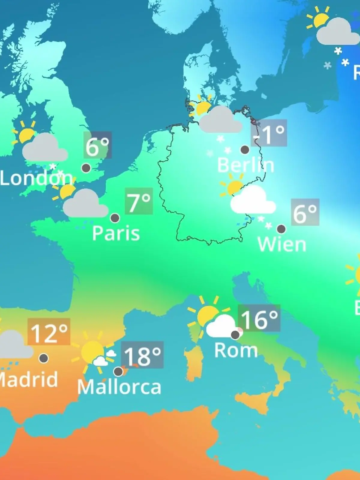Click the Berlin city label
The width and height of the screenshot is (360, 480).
tap(245, 165)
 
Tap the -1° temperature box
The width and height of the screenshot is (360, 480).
tap(269, 133)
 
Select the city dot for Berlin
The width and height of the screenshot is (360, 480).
tap(245, 149)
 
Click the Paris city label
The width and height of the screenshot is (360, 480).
tap(116, 233)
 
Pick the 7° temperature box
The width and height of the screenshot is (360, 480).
tap(139, 201)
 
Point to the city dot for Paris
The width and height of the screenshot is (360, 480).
tap(115, 218)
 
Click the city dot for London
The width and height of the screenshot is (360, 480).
tap(86, 168)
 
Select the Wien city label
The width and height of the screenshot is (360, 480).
tap(282, 244)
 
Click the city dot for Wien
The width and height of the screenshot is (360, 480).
tap(281, 229)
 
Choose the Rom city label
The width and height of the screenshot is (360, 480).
tap(236, 350)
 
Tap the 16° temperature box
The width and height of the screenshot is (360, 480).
tap(259, 318)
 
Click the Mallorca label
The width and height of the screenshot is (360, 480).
tap(119, 387)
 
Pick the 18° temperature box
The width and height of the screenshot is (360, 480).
tap(142, 355)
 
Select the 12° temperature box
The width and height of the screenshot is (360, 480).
tap(49, 332)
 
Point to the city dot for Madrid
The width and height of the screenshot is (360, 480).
tap(44, 358)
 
